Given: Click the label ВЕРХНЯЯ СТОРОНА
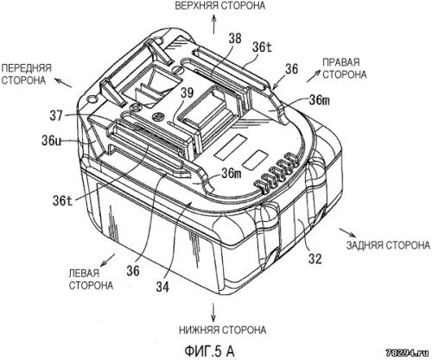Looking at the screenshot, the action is [220, 5].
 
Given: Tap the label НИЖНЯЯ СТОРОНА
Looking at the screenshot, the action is [222, 330].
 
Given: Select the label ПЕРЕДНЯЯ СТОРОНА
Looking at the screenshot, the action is [26, 74].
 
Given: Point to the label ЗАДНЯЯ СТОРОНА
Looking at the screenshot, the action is [388, 245].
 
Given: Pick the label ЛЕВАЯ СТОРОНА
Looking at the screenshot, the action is [91, 280].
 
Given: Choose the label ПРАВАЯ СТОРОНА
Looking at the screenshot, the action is [344, 68].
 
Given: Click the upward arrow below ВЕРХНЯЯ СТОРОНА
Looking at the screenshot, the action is [213, 24].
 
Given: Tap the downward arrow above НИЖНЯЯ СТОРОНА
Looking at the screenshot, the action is [213, 312].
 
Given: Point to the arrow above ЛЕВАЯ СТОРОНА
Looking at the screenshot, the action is [108, 260].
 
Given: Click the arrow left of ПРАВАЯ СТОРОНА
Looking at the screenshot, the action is [314, 76].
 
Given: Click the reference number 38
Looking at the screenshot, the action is [235, 38].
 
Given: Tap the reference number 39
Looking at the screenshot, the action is [187, 93].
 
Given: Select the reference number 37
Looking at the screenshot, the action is [56, 116].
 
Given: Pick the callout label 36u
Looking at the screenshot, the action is [51, 141].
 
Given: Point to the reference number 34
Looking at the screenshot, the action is [162, 287].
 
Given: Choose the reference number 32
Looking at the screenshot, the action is [314, 259].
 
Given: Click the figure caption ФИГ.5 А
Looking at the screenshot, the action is [209, 351].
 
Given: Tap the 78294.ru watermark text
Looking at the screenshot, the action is [409, 351].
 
